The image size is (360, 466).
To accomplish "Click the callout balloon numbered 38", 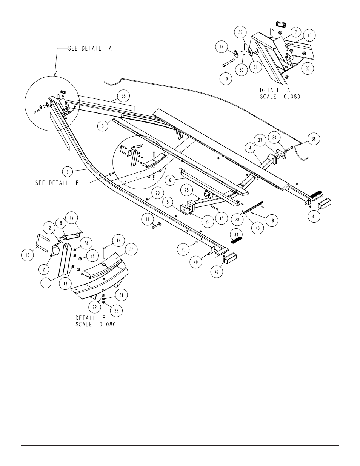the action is coord(124,96).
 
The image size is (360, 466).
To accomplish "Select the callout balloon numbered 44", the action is coord(222,47).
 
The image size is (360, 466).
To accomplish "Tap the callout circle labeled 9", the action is coord(68,172).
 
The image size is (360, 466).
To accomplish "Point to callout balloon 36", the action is coord(314,139).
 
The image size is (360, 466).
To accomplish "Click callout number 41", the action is coord(314,216).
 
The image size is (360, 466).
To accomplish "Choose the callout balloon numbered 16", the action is coord(28,255).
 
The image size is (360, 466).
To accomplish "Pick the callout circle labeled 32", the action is coord(131,249).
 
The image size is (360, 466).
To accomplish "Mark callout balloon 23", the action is coord(117,311).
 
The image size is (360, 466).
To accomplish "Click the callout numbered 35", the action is coord(183,249).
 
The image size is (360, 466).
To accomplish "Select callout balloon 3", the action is coord(103,126).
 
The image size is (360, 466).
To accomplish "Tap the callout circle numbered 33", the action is coord(308,69).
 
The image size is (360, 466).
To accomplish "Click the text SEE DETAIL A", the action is coord(90,48).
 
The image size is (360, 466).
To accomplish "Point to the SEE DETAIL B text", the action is coord(57,183).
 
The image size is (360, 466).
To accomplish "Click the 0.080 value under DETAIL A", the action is coord(292,97).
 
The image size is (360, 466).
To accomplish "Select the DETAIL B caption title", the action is coord(91,318).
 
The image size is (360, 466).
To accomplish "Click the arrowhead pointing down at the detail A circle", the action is coord(55,73).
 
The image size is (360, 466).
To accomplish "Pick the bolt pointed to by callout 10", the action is coord(229,62).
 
